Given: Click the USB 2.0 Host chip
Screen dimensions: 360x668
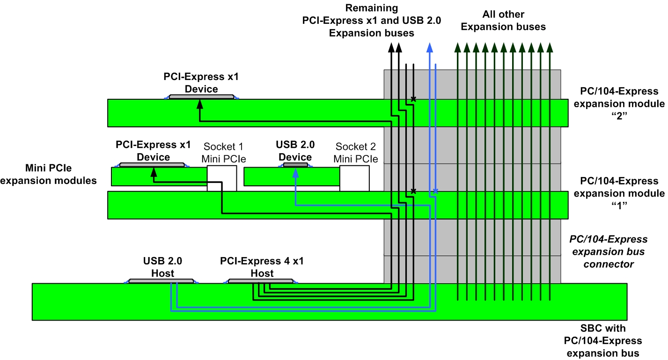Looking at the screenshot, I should tap(161, 281).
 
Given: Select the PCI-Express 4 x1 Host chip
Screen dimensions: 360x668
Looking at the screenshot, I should tap(261, 281).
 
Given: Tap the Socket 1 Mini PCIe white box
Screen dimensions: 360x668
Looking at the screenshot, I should tap(221, 178).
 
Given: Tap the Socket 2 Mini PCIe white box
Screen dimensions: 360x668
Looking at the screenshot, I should tap(354, 178).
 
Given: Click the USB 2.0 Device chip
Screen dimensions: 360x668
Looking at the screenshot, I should tap(296, 165).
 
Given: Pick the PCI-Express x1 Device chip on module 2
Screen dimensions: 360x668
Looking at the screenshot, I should tap(201, 97).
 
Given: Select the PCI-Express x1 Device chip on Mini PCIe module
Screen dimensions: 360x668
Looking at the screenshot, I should tap(152, 165).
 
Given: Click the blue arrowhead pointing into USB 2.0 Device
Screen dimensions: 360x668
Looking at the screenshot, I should tap(295, 172).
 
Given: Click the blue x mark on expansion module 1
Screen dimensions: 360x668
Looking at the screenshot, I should tap(435, 191).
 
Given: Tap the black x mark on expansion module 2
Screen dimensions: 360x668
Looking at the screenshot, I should tap(413, 99).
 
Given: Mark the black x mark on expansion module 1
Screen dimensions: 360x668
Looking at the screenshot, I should tap(413, 191).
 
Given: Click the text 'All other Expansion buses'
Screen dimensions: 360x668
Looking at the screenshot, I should tap(503, 21).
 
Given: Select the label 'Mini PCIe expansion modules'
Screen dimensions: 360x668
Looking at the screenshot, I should tap(49, 174).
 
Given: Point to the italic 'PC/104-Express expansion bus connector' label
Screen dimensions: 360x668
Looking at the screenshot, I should tap(608, 252).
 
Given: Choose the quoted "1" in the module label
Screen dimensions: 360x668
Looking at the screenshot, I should tap(618, 206).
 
